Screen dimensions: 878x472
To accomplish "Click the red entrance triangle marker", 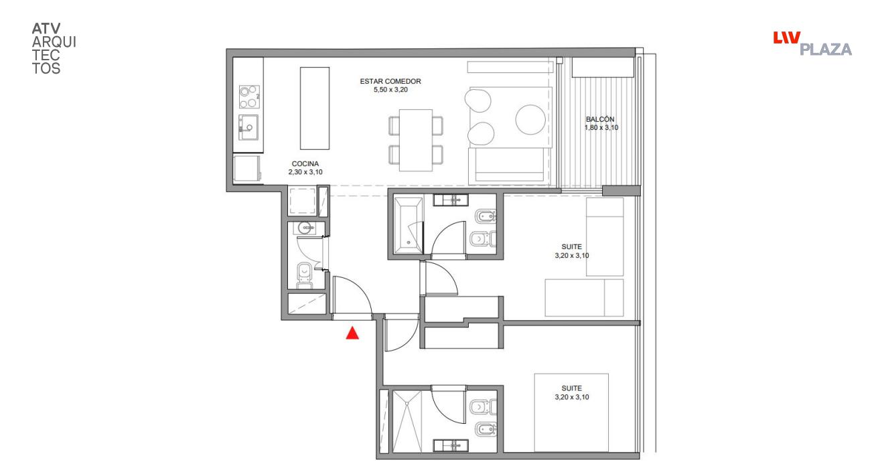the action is pos(352,333).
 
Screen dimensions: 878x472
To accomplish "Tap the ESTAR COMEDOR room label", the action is pos(390,81).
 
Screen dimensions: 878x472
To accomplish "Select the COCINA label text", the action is pos(305,164).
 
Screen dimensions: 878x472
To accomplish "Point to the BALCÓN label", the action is pos(600,119).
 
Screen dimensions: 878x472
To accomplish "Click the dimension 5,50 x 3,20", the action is pos(390,90).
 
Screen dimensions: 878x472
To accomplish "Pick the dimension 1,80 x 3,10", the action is pos(601,128).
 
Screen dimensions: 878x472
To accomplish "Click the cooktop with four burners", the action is pos(249,97).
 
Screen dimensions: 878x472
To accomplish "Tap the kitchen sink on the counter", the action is pos(248,127).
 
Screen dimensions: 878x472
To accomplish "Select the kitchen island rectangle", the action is pos(315,108).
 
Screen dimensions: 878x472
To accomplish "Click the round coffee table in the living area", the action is pos(530,119).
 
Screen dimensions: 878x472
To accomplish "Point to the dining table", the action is pos(416,140).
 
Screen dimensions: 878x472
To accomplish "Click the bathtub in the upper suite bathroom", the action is pos(409,226).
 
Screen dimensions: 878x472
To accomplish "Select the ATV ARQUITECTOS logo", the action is pos(54,49).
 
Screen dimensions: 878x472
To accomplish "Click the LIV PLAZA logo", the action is pos(812,44).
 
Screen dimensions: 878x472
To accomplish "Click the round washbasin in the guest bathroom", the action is pos(305,228).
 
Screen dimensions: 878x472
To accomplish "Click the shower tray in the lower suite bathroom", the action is pos(407,421).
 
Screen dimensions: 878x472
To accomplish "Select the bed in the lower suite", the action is pos(571,412).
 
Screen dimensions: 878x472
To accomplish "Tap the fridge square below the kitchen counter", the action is pos(247,169).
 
